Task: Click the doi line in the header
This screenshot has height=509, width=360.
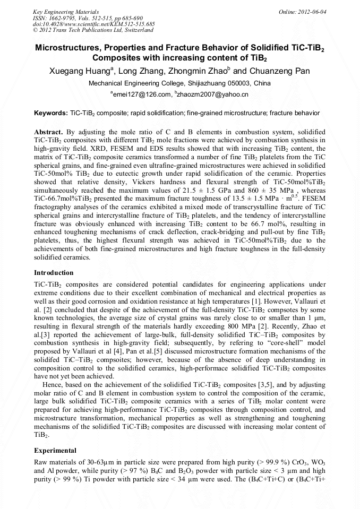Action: (93, 23)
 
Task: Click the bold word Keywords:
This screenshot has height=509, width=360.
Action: (50, 114)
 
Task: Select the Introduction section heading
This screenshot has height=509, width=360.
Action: (54, 272)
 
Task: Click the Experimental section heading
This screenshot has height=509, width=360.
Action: (56, 450)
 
